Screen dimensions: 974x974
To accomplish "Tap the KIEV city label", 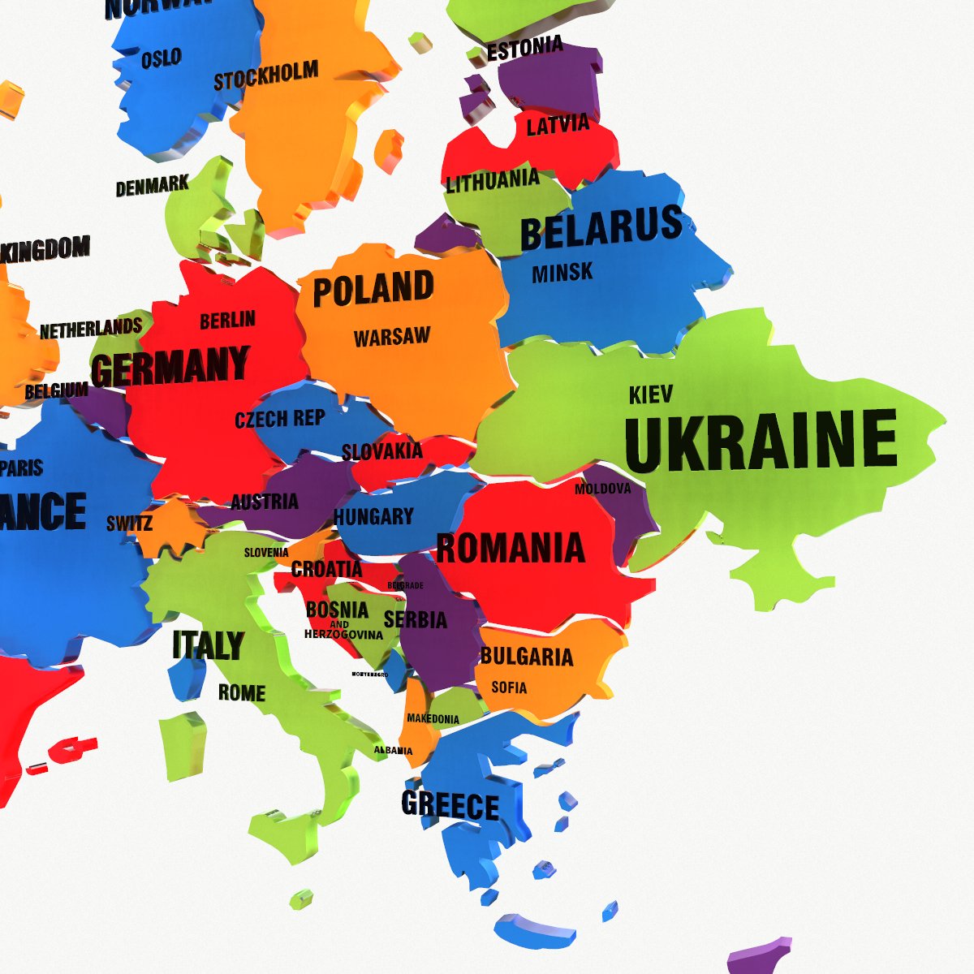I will tap(650, 395).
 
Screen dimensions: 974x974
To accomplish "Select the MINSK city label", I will tap(562, 274).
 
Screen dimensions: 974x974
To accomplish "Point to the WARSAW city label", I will tap(392, 337).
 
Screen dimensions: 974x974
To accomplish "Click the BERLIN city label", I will tap(227, 321).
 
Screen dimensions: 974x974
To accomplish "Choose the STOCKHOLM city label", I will tap(265, 77).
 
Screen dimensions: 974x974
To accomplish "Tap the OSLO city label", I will tap(161, 59).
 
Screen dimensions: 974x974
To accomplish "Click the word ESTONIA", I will tap(524, 49).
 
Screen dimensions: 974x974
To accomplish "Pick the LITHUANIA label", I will tap(493, 181).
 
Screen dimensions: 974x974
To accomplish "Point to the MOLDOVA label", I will tap(602, 489).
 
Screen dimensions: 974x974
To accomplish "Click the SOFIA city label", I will tap(509, 687).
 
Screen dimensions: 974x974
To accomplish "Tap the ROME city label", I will tap(242, 693).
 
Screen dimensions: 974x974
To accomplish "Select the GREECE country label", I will tap(450, 805).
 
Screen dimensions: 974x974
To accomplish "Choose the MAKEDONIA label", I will tap(433, 719).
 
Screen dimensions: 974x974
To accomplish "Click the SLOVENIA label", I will tap(266, 553).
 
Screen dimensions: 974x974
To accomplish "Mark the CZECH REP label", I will tap(279, 419).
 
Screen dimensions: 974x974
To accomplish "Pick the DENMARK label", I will tap(152, 187).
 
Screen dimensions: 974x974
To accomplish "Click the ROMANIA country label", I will tap(511, 548).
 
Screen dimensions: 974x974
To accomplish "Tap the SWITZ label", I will tap(129, 524).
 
